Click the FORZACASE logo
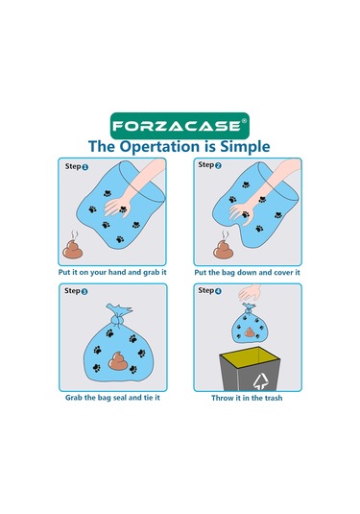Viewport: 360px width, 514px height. pyautogui.click(x=180, y=126)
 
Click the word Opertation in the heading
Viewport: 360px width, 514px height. pyautogui.click(x=159, y=147)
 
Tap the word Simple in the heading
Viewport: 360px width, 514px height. pyautogui.click(x=245, y=147)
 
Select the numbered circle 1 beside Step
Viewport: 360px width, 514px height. pyautogui.click(x=85, y=167)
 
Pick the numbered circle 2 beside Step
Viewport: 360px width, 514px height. pyautogui.click(x=218, y=165)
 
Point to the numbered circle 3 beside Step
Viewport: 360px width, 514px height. pyautogui.click(x=84, y=291)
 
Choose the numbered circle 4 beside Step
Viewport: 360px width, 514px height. pyautogui.click(x=218, y=291)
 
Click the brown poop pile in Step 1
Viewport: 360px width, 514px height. pyautogui.click(x=72, y=250)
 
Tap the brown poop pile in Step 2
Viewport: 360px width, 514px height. pyautogui.click(x=223, y=250)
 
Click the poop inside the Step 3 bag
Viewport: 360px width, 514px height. pyautogui.click(x=118, y=361)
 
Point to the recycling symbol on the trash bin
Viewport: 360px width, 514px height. pyautogui.click(x=260, y=381)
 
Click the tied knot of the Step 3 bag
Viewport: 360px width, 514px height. pyautogui.click(x=118, y=319)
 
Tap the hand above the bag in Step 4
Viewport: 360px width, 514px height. pyautogui.click(x=250, y=293)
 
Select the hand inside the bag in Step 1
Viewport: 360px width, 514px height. pyautogui.click(x=118, y=207)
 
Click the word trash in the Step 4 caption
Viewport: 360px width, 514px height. pyautogui.click(x=273, y=398)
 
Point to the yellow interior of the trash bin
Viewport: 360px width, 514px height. pyautogui.click(x=250, y=356)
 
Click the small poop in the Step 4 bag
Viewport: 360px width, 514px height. pyautogui.click(x=250, y=332)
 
